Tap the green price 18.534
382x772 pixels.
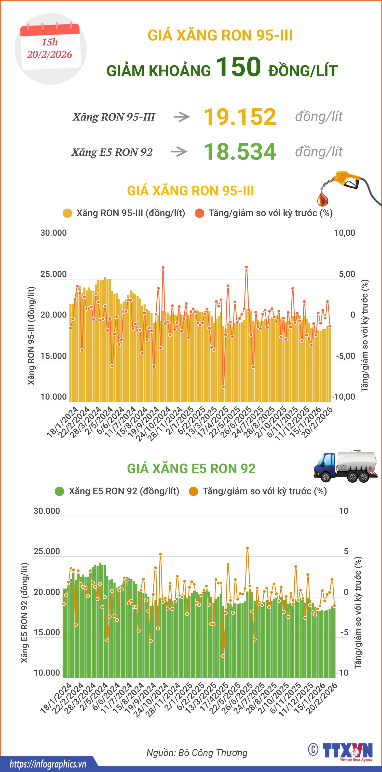[x=240, y=152]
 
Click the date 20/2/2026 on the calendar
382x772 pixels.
[x=49, y=55]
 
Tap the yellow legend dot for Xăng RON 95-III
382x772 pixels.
[x=67, y=213]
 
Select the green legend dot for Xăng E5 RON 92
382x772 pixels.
[x=59, y=491]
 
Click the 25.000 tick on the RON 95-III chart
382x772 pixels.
[x=53, y=274]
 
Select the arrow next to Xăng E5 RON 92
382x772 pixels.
[x=179, y=152]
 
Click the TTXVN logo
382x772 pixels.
[x=348, y=751]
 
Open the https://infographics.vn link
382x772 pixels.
[x=48, y=764]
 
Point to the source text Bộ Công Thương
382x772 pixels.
[x=213, y=753]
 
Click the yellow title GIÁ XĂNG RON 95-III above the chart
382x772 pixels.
[x=190, y=191]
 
